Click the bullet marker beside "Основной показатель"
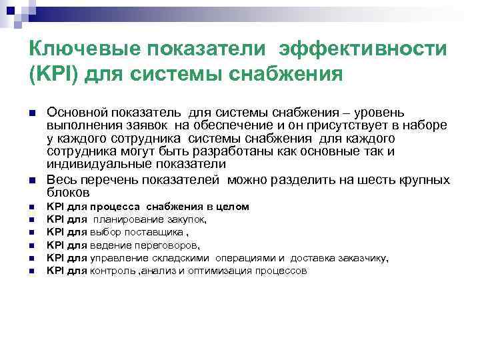click(32, 114)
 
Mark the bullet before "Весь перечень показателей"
click(32, 181)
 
